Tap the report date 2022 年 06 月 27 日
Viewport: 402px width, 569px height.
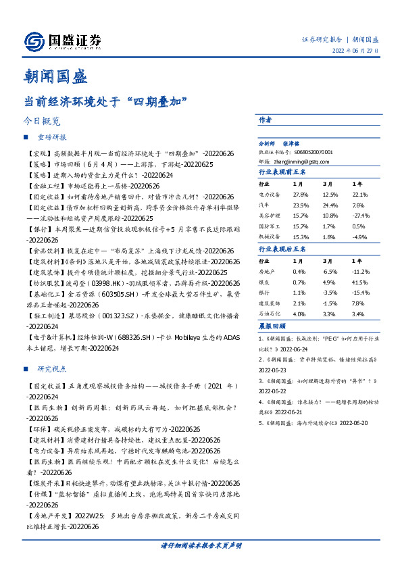coord(355,50)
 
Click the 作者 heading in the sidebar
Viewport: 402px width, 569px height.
coord(265,120)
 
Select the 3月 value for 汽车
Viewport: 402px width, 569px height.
coord(330,205)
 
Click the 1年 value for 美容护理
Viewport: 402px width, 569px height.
coord(359,216)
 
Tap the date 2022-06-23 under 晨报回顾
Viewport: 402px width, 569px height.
coord(273,370)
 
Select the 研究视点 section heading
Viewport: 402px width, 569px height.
coord(52,369)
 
